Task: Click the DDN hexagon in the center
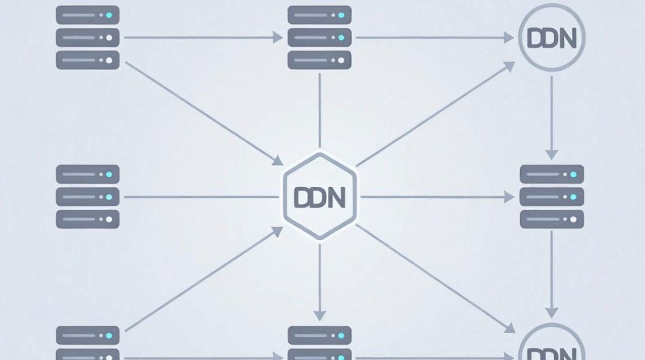320,196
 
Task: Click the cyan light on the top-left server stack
109,15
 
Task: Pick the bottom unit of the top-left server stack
87,60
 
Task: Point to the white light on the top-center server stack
341,60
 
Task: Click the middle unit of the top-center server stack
319,37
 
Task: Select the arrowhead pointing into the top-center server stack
277,37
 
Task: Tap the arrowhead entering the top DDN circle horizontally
509,37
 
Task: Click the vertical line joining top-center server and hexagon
320,110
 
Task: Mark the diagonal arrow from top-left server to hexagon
204,114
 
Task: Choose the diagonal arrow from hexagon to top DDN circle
436,114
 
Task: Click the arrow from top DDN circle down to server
551,118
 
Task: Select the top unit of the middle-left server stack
87,174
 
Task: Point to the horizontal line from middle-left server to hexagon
202,197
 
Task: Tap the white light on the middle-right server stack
573,219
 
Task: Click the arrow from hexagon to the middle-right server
437,197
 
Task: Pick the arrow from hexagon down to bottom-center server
320,282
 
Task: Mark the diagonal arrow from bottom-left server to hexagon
204,279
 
